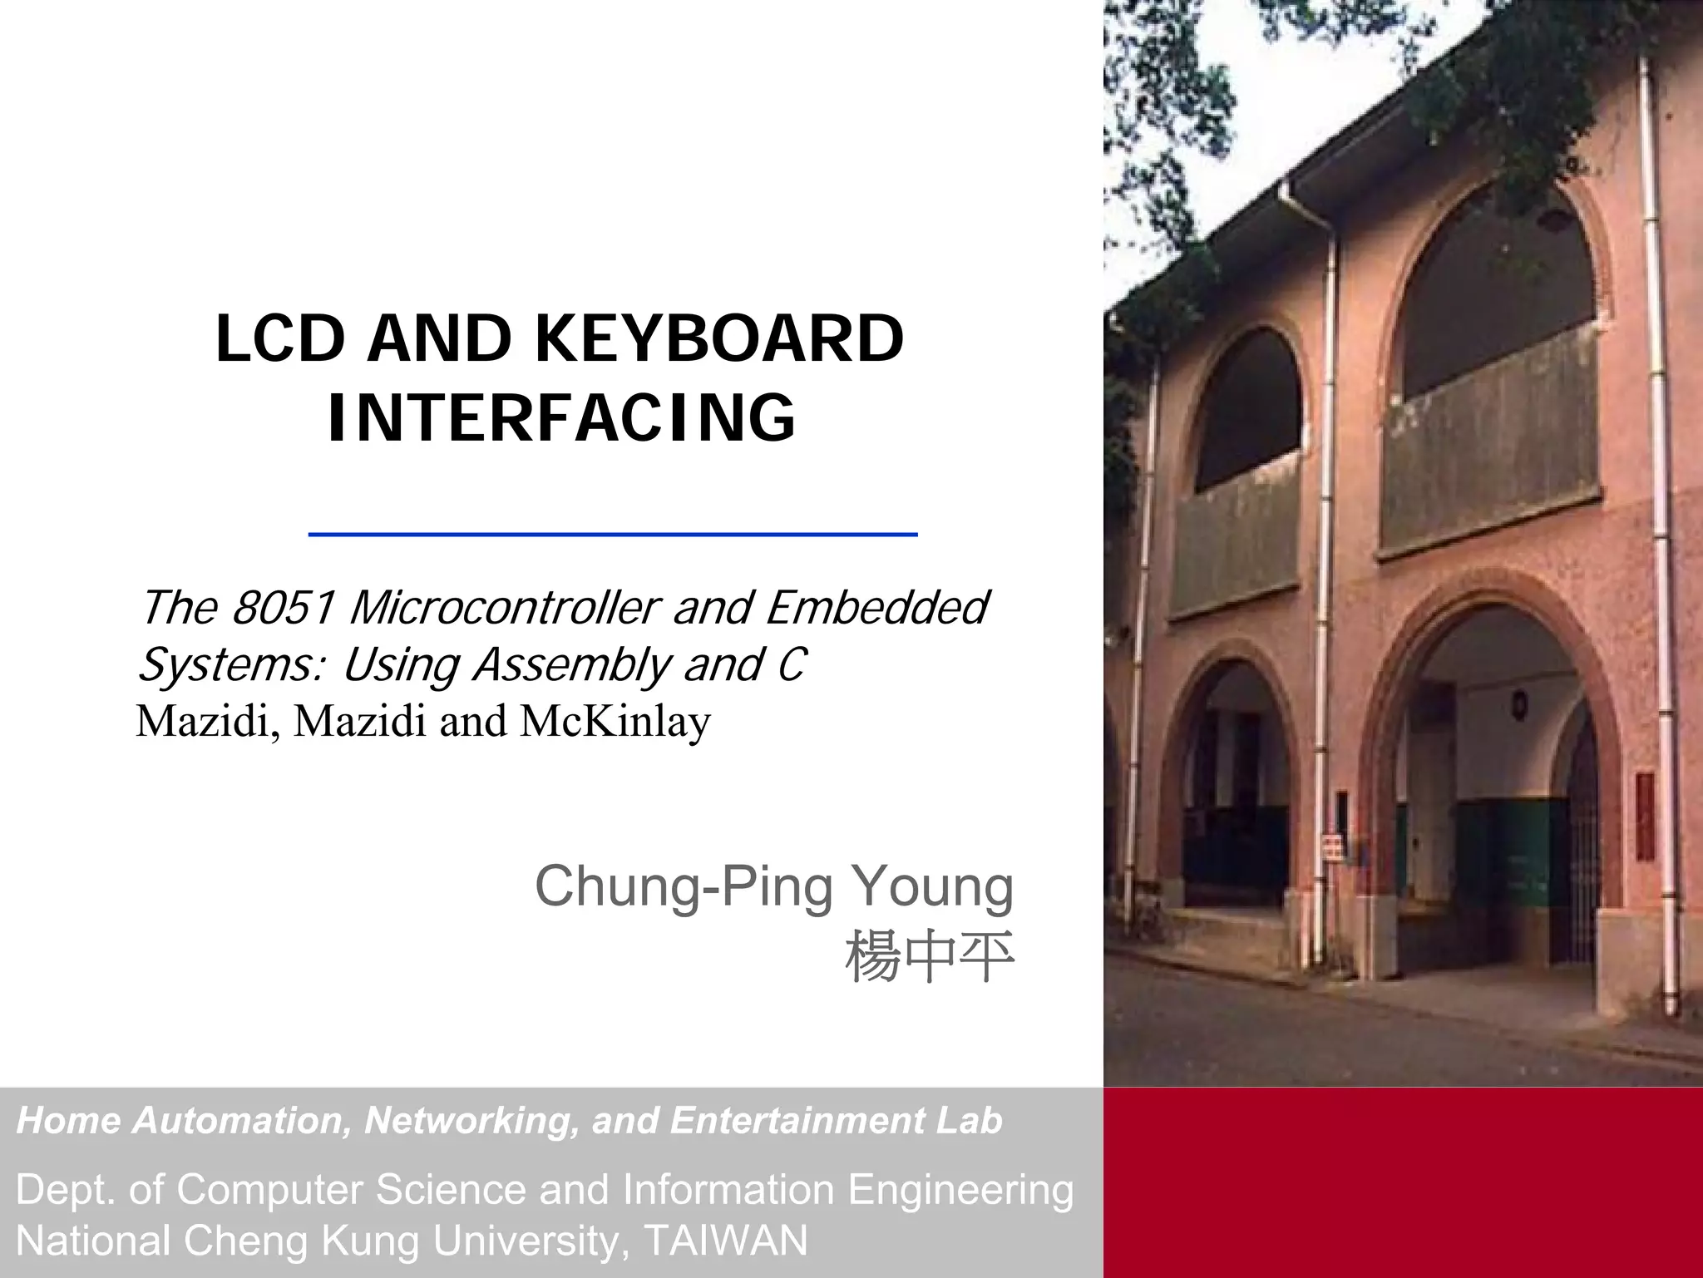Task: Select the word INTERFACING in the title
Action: click(x=562, y=417)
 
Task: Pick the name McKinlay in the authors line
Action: click(x=615, y=721)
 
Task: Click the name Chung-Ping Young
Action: click(x=773, y=886)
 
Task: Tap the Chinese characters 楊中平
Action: click(x=929, y=957)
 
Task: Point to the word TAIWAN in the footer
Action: click(x=725, y=1241)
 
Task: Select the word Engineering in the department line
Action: click(x=960, y=1189)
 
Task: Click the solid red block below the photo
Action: click(x=1403, y=1181)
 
